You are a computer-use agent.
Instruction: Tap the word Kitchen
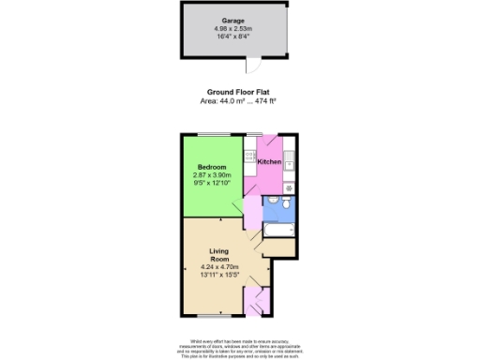(x=270, y=162)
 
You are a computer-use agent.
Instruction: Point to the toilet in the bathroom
(x=269, y=201)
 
